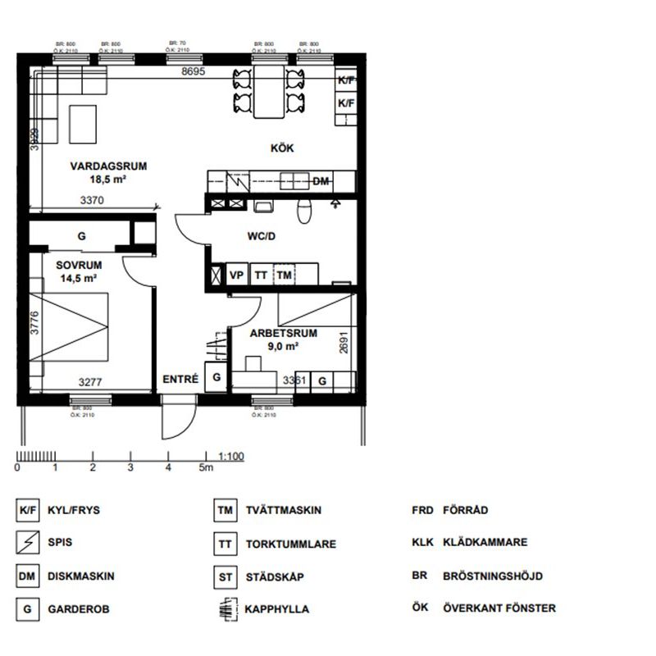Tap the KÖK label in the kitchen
[282, 148]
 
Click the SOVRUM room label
[79, 266]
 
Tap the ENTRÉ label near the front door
[180, 379]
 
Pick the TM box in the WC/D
[284, 276]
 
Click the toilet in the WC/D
[304, 212]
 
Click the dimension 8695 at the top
[193, 72]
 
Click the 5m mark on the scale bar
[205, 468]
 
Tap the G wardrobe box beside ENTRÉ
[216, 378]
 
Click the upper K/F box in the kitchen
[347, 80]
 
